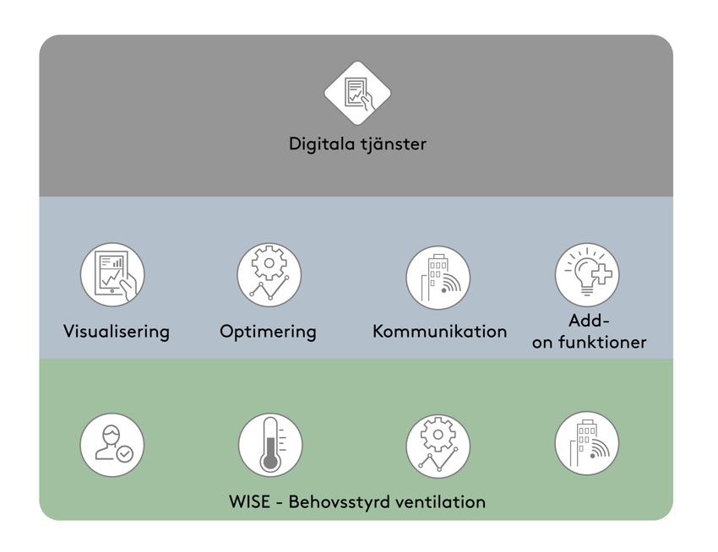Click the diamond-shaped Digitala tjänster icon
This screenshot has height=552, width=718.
357,93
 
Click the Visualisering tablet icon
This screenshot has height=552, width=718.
112,274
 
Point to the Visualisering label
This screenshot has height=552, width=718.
117,332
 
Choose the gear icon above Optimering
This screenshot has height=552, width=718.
269,274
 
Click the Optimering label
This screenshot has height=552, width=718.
268,332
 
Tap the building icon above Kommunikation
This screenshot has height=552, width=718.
438,277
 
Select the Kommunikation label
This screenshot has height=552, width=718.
439,332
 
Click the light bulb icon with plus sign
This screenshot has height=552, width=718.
586,274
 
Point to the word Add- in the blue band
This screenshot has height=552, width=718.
589,321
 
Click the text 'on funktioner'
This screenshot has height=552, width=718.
589,343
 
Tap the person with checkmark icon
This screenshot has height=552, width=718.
112,445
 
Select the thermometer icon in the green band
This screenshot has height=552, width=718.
269,445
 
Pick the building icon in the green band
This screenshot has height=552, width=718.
586,443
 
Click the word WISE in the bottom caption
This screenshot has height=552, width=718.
250,502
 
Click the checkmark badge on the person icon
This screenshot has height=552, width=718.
125,454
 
